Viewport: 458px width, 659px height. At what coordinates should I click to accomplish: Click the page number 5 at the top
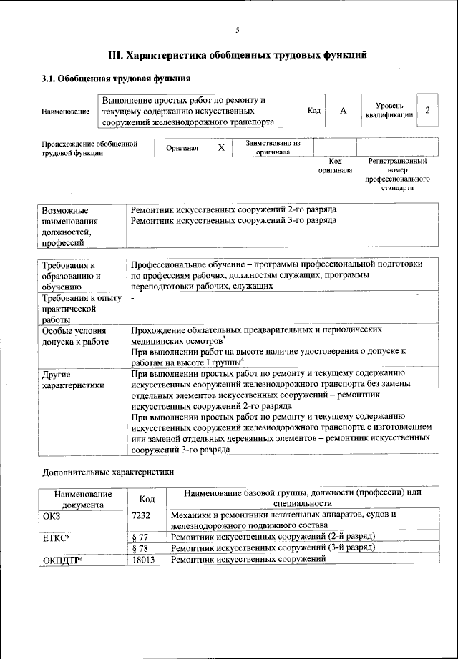click(x=237, y=29)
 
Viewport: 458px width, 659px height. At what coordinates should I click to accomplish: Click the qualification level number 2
click(x=427, y=110)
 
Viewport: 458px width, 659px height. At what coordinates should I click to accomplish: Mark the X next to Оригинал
click(x=221, y=147)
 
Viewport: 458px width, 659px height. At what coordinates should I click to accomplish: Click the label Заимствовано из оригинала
click(x=273, y=147)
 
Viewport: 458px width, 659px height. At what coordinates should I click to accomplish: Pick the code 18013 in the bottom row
click(x=144, y=559)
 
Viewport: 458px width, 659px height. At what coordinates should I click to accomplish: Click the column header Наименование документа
click(x=82, y=499)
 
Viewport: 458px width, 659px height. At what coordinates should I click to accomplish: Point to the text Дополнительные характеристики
click(x=108, y=472)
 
